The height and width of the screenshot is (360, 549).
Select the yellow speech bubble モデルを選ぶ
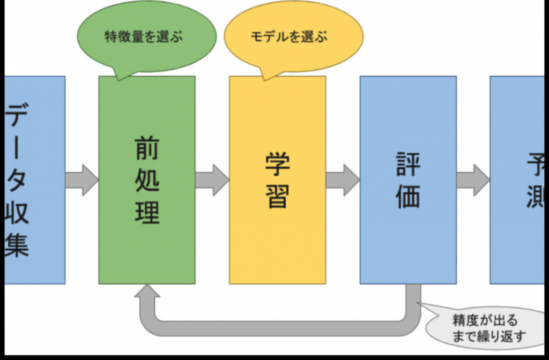click(x=290, y=37)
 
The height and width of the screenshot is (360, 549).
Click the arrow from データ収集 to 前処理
click(x=82, y=180)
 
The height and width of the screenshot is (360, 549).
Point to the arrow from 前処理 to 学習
click(x=212, y=180)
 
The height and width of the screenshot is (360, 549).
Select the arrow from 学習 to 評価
click(x=343, y=180)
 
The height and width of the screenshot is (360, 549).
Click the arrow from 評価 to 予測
click(x=473, y=180)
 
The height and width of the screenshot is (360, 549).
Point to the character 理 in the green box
click(x=147, y=213)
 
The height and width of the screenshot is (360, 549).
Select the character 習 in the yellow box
click(x=277, y=196)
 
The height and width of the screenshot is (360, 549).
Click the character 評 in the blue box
click(x=408, y=165)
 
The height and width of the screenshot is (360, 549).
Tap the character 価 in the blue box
click(x=408, y=196)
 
